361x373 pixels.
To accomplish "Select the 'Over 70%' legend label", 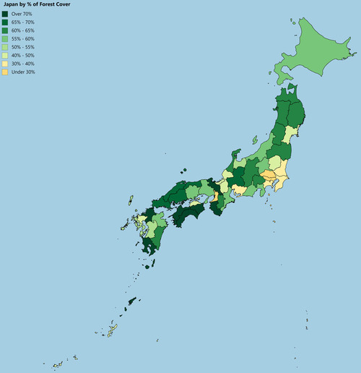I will click(22, 14).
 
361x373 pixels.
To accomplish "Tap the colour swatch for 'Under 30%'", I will click(6, 72).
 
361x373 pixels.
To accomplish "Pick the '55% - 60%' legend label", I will click(23, 39).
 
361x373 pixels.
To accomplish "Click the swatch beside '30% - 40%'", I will click(6, 64).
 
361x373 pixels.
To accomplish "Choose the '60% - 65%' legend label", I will click(23, 31).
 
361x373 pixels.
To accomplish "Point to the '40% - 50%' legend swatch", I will click(6, 56).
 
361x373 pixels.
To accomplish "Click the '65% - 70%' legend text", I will click(23, 22).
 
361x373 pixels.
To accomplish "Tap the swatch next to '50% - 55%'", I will click(6, 48).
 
